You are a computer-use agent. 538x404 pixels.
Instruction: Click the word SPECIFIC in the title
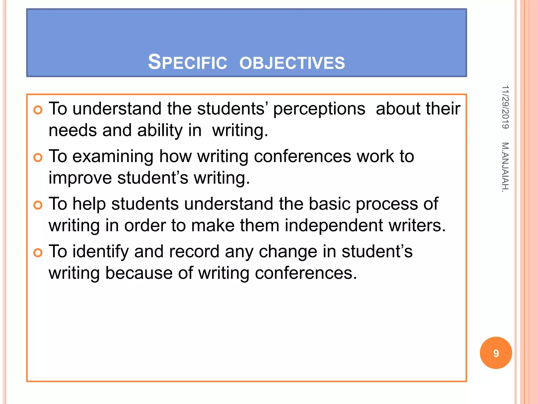point(187,62)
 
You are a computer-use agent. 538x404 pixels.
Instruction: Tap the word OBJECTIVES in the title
point(292,63)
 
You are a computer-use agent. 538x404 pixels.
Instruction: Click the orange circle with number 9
point(496,353)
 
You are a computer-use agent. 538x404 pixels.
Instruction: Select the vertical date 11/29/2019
point(505,107)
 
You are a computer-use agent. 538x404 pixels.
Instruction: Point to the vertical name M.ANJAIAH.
point(505,167)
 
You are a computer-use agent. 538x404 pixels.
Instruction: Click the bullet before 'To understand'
point(38,110)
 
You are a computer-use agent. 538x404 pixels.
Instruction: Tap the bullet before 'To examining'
point(38,158)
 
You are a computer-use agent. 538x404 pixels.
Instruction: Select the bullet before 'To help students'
point(38,205)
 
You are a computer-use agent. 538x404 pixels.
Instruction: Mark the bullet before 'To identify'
point(38,253)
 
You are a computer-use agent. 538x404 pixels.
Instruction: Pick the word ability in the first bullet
point(160,130)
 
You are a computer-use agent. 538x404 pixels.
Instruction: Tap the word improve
point(80,178)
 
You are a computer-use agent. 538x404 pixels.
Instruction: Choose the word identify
point(100,252)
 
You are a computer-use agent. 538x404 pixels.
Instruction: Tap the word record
point(194,252)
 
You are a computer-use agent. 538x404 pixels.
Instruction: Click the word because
point(139,273)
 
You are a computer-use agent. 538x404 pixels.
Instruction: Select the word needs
point(73,130)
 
